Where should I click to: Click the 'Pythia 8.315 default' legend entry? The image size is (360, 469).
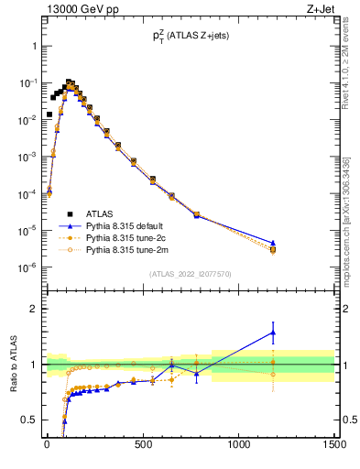[x=127, y=225]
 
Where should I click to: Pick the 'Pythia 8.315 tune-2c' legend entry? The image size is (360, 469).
[x=127, y=237]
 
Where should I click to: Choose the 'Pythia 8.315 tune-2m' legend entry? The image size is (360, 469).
[x=127, y=248]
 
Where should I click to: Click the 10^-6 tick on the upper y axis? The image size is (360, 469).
[x=27, y=267]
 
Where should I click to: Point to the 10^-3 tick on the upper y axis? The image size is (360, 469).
[x=27, y=157]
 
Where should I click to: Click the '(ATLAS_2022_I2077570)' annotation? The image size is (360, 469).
[x=190, y=274]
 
